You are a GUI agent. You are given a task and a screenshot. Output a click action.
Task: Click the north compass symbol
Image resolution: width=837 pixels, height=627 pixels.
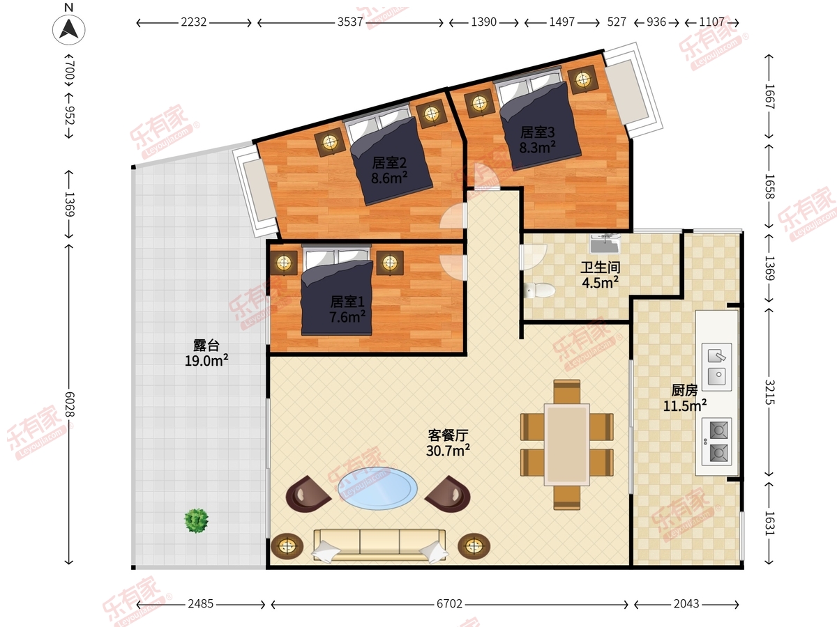point(68,29)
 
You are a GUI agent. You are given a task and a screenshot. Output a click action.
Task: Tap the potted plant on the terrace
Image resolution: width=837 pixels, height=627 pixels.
point(197,520)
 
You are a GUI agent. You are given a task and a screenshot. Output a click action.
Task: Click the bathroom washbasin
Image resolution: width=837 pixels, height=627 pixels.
point(605,244)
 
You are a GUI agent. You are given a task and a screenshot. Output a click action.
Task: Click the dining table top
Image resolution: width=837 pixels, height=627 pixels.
point(566,444)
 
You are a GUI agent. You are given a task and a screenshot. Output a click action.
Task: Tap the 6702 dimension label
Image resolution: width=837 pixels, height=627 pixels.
point(449,603)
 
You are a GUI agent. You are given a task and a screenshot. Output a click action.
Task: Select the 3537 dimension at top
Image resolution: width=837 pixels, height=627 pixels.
point(349,22)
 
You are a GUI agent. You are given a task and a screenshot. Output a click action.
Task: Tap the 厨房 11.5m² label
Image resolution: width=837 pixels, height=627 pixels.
point(684,397)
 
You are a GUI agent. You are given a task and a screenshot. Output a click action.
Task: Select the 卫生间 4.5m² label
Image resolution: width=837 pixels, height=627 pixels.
point(600,274)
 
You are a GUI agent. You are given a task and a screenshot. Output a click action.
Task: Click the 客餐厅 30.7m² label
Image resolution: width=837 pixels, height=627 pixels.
point(447,443)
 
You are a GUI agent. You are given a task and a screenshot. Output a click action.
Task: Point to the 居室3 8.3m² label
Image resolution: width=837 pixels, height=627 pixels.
point(537,139)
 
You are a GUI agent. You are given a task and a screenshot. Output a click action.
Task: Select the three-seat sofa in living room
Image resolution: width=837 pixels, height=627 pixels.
point(379,544)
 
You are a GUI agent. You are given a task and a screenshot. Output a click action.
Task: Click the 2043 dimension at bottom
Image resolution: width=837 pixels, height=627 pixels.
point(687,603)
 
